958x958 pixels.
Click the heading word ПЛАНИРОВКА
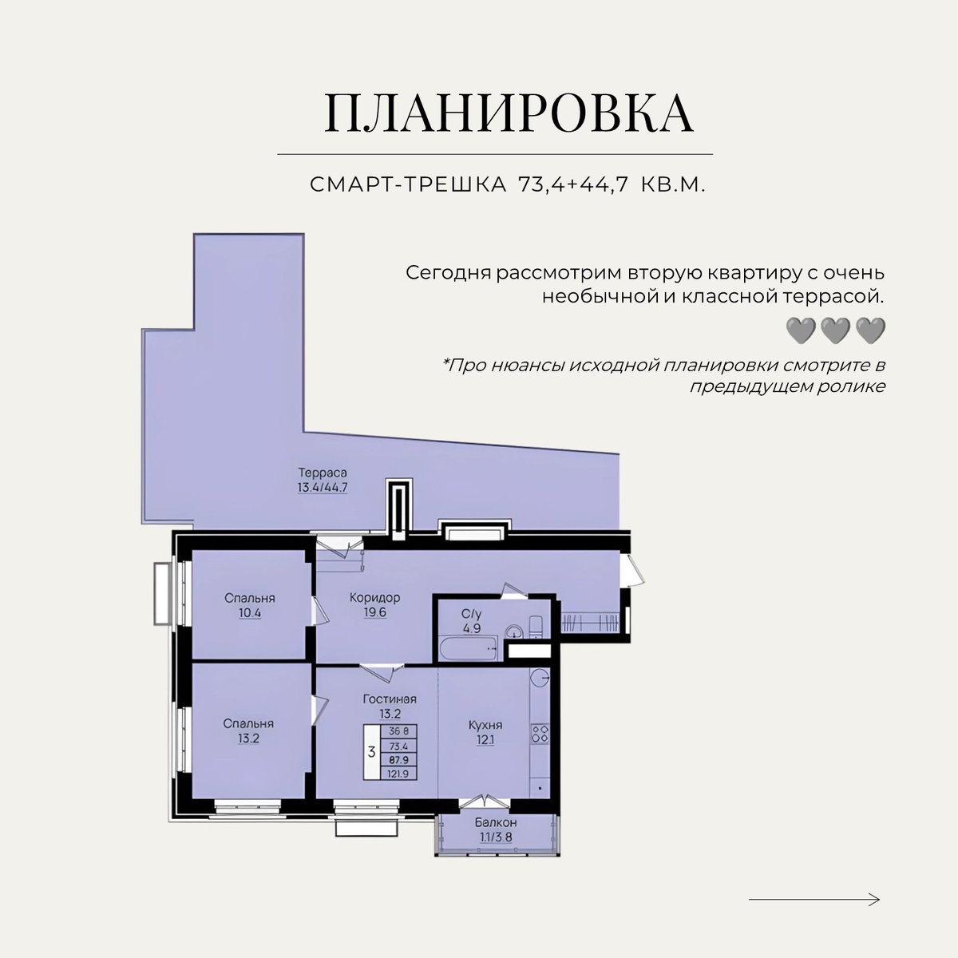tap(509, 113)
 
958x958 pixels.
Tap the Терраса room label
tap(323, 473)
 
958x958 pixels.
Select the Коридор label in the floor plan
tap(374, 598)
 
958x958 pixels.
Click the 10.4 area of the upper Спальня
tap(250, 613)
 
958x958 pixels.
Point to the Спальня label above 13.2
tap(248, 724)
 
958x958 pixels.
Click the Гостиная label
tap(390, 699)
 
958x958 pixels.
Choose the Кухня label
tap(485, 726)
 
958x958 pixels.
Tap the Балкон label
tap(496, 822)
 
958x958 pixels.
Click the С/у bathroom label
tap(471, 615)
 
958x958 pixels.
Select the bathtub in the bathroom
tap(468, 649)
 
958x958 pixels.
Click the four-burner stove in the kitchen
tap(540, 734)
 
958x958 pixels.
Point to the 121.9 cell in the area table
tap(398, 773)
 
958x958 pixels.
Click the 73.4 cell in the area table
tap(398, 746)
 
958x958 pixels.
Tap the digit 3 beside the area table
tap(371, 752)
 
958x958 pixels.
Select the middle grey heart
tap(835, 331)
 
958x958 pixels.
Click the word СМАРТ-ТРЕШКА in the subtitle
tap(408, 185)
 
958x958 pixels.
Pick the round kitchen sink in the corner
tap(540, 676)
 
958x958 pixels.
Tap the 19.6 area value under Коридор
tap(375, 612)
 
